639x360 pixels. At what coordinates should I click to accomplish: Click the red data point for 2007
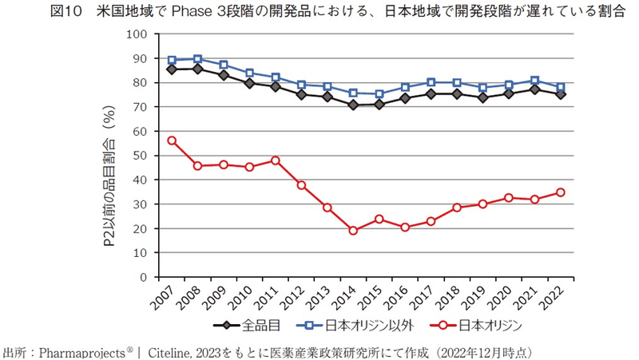coord(172,140)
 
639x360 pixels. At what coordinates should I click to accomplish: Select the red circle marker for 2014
coord(352,231)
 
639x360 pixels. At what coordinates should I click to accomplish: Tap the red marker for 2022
coord(561,192)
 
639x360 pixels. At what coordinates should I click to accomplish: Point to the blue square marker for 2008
coord(197,59)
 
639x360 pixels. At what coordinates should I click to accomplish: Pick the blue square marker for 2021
coord(534,81)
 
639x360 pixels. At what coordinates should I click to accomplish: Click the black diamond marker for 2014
coord(352,105)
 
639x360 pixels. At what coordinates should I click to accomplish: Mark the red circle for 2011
coord(275,160)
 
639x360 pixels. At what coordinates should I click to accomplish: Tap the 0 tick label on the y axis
coord(144,277)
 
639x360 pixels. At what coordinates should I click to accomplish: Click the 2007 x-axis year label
coord(163,302)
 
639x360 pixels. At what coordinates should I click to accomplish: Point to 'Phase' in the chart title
coord(191,13)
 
